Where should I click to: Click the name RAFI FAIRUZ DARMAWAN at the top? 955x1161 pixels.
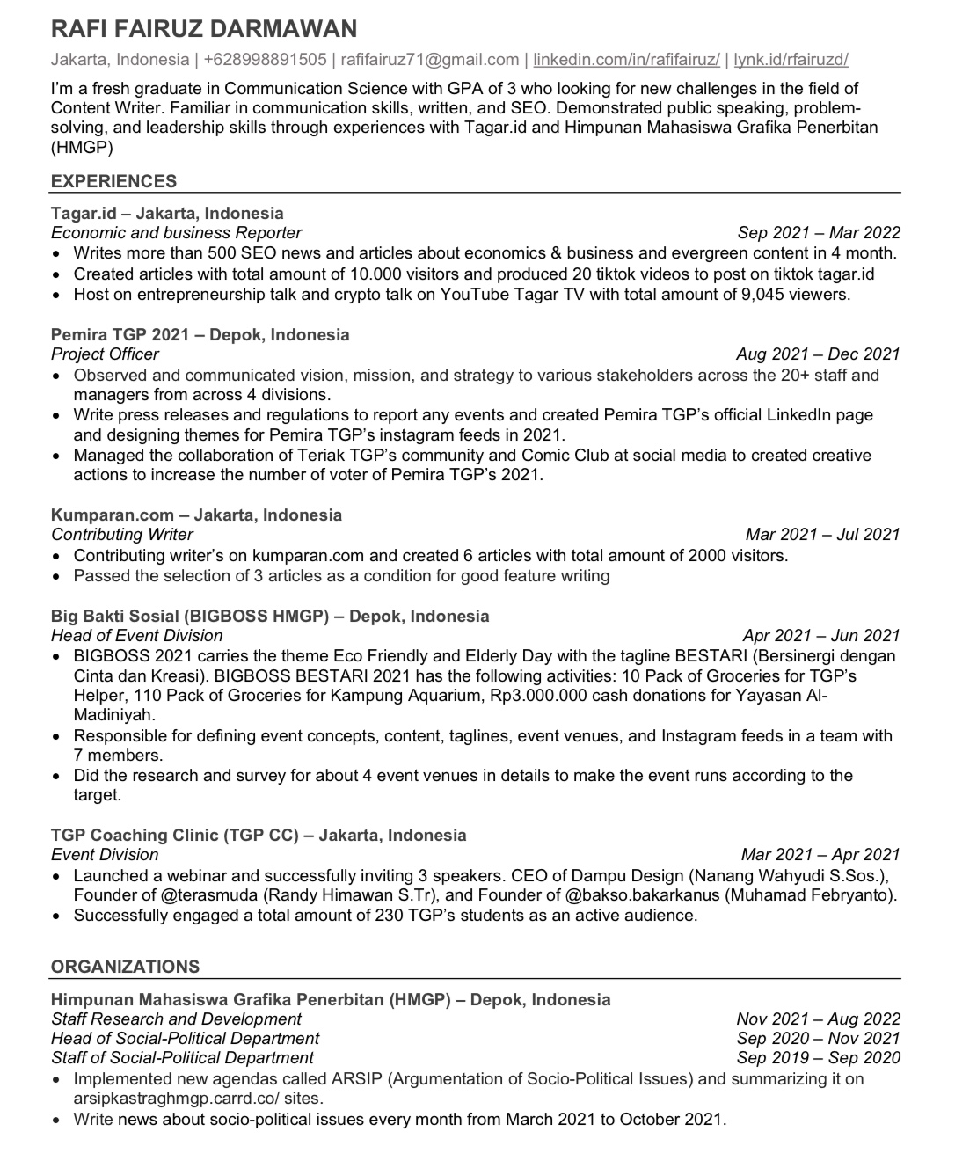pos(204,29)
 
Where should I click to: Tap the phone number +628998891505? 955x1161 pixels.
pos(264,60)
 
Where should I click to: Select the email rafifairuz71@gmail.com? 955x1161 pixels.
pos(430,60)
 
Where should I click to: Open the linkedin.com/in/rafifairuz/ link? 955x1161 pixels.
pos(626,60)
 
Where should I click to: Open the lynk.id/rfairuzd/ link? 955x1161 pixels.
pos(791,60)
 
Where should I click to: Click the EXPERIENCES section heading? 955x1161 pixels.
pos(113,181)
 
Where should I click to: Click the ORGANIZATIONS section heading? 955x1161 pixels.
pos(125,967)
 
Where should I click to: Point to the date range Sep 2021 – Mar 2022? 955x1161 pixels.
pos(819,233)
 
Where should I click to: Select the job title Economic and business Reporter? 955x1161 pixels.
pos(176,233)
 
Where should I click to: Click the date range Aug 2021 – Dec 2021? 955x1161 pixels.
pos(818,354)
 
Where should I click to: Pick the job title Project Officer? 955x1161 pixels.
pos(105,354)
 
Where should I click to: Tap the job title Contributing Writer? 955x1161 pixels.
pos(121,535)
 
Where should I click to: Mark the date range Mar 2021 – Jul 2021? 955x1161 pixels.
pos(822,535)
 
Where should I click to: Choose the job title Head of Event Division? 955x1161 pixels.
pos(136,636)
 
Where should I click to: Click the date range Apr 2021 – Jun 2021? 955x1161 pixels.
pos(821,636)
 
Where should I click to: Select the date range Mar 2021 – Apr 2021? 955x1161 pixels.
pos(820,855)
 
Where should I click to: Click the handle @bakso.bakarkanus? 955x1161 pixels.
pos(645,895)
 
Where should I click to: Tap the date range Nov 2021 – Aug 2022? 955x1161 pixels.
pos(818,1019)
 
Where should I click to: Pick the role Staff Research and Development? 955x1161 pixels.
pos(176,1019)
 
